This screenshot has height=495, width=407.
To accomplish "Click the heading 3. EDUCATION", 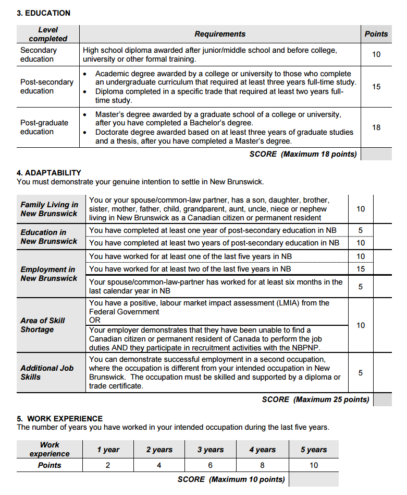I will coord(43,13).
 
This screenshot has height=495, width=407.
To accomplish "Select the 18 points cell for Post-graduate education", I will coord(376,127).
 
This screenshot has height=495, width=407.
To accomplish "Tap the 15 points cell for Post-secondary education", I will coord(376,87).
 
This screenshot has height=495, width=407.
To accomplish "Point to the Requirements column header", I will coord(219,34).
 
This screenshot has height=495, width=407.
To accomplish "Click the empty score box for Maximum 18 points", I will coord(376,154).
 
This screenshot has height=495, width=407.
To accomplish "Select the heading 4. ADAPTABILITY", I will coord(49,173).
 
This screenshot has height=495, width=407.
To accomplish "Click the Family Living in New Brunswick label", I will coord(49,209).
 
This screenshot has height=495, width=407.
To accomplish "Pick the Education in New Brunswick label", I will coord(48,237).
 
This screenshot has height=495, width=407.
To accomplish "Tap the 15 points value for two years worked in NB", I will coord(361,269).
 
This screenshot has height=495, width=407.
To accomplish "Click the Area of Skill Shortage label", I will coord(42,325).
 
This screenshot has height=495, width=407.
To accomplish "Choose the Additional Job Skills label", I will coord(47,372).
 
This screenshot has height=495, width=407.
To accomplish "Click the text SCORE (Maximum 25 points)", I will coord(315,399).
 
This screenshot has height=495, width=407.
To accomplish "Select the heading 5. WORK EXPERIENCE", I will coord(59,419).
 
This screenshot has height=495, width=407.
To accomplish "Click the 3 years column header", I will coord(211,450).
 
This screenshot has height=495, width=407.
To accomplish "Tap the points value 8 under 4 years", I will coord(262,465).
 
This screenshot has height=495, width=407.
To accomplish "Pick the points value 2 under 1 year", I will coord(108,465).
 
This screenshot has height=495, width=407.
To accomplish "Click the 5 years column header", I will coord(314,450).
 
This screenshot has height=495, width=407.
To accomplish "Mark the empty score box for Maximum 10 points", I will coord(314,479).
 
